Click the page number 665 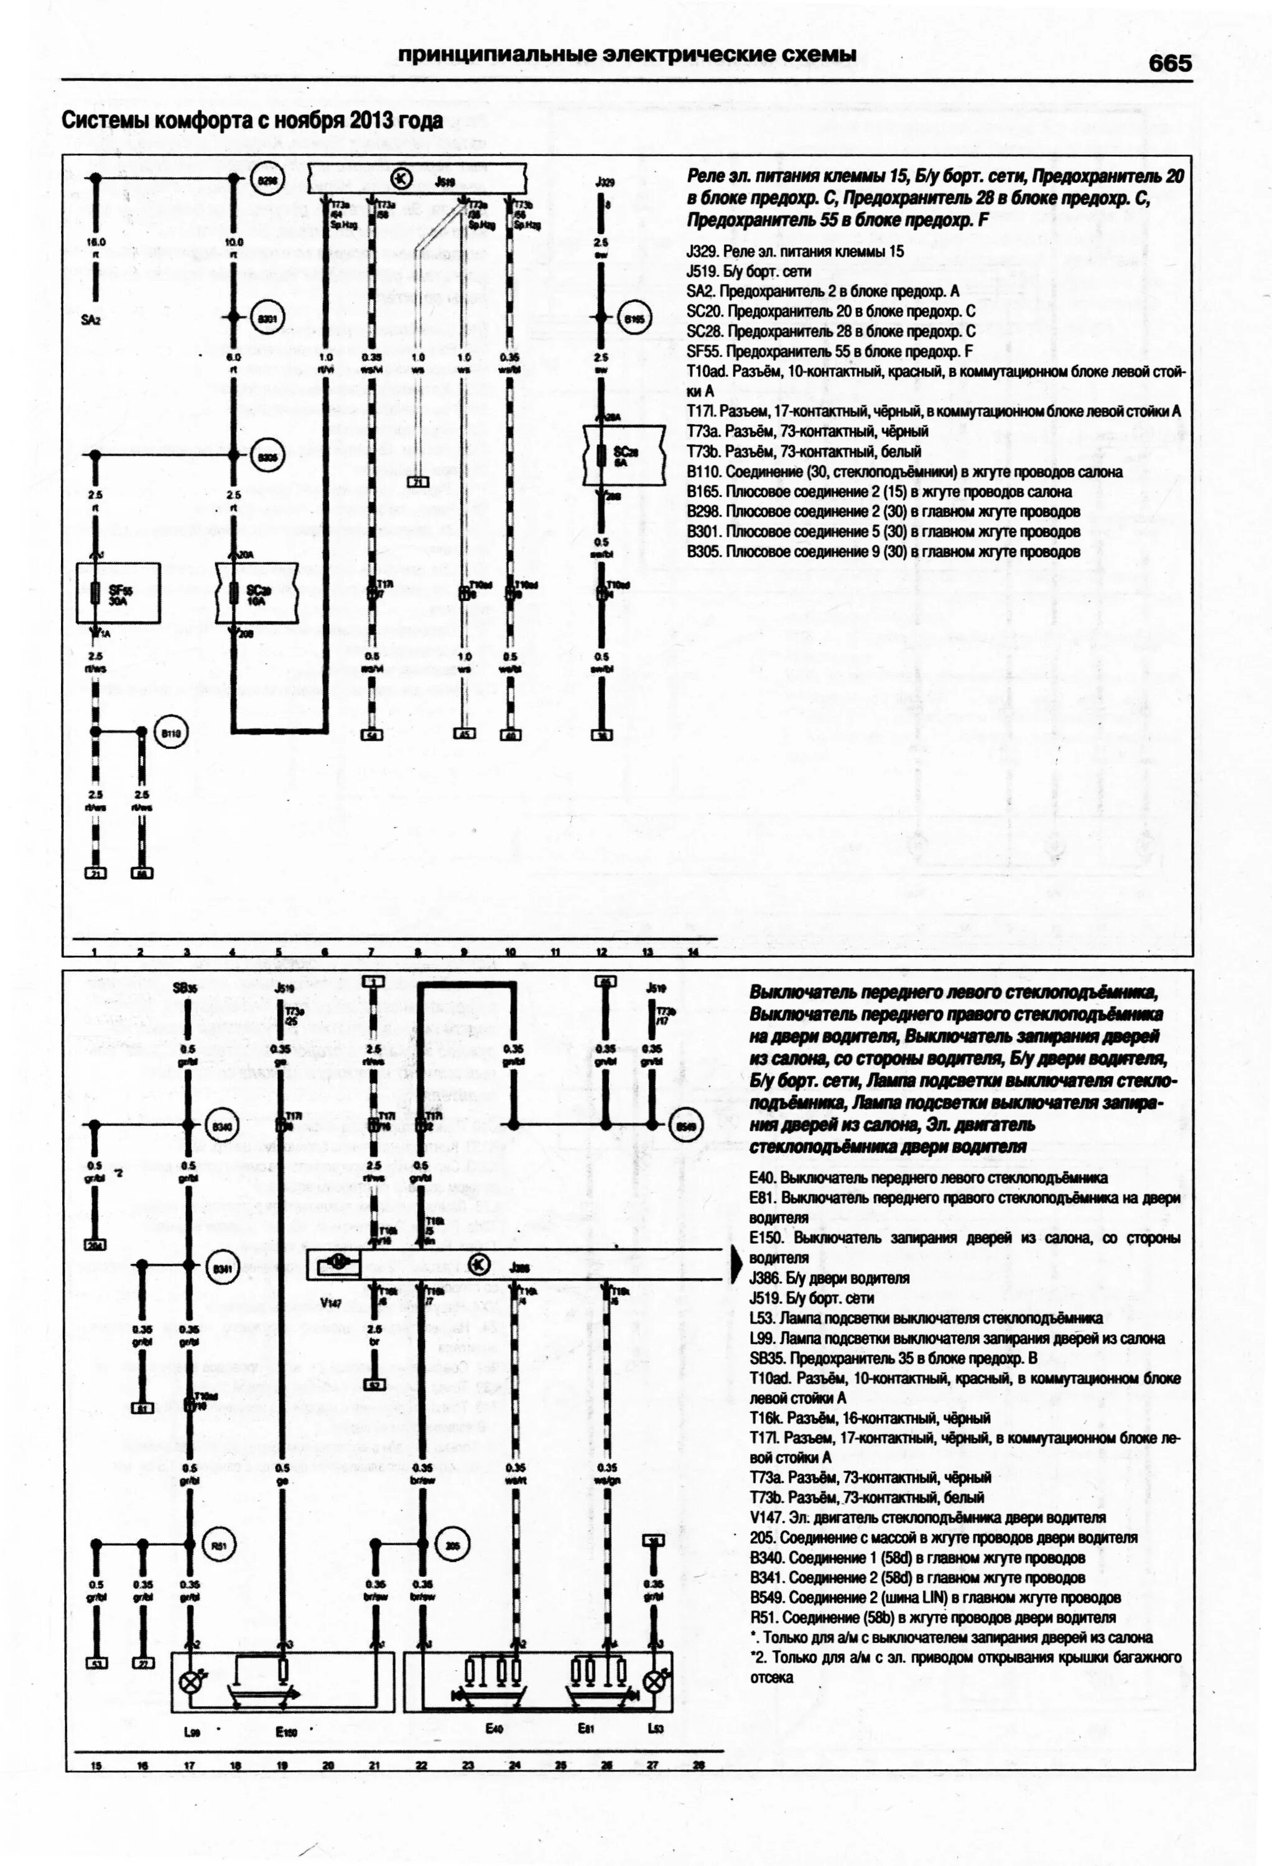(1169, 63)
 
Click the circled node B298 (266, 182)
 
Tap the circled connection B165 (634, 318)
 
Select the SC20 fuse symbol (235, 593)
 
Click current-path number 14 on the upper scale (693, 952)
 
